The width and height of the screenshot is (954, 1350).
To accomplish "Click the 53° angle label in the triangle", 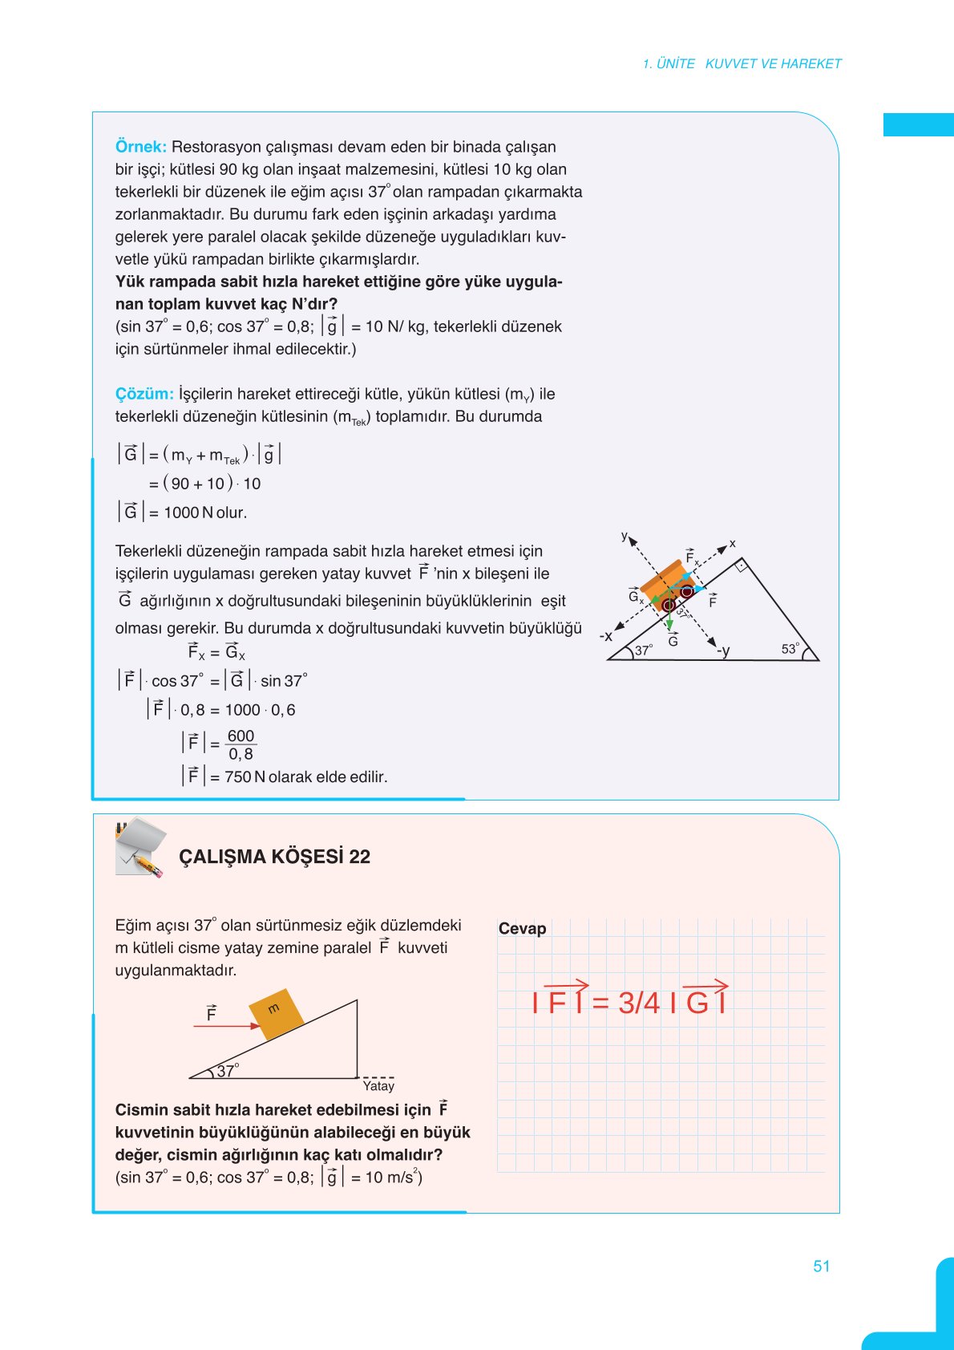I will click(x=790, y=649).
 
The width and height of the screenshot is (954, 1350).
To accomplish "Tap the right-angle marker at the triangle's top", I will click(x=742, y=565).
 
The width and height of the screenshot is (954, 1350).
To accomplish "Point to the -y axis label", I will click(x=723, y=651).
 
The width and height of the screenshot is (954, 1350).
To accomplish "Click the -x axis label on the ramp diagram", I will click(x=606, y=636).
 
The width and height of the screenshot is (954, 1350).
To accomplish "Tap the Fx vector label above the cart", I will click(x=692, y=556).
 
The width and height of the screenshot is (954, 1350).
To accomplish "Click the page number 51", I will click(x=822, y=1267).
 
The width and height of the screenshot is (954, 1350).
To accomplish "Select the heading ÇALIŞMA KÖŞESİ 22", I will click(x=274, y=857).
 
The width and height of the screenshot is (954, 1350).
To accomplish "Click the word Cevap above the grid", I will click(x=522, y=929).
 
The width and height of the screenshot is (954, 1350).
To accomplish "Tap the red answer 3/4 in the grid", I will click(x=639, y=1003).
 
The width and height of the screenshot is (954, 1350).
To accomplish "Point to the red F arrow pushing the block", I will click(x=227, y=1026).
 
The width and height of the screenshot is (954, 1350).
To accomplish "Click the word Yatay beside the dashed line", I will click(x=378, y=1086).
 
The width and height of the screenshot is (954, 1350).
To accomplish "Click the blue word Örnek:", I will click(x=140, y=147).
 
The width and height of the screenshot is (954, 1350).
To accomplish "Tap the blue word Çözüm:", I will click(x=144, y=394).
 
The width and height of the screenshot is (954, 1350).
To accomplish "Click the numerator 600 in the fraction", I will click(x=241, y=736).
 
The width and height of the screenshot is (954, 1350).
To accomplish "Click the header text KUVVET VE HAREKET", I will click(x=773, y=63).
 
